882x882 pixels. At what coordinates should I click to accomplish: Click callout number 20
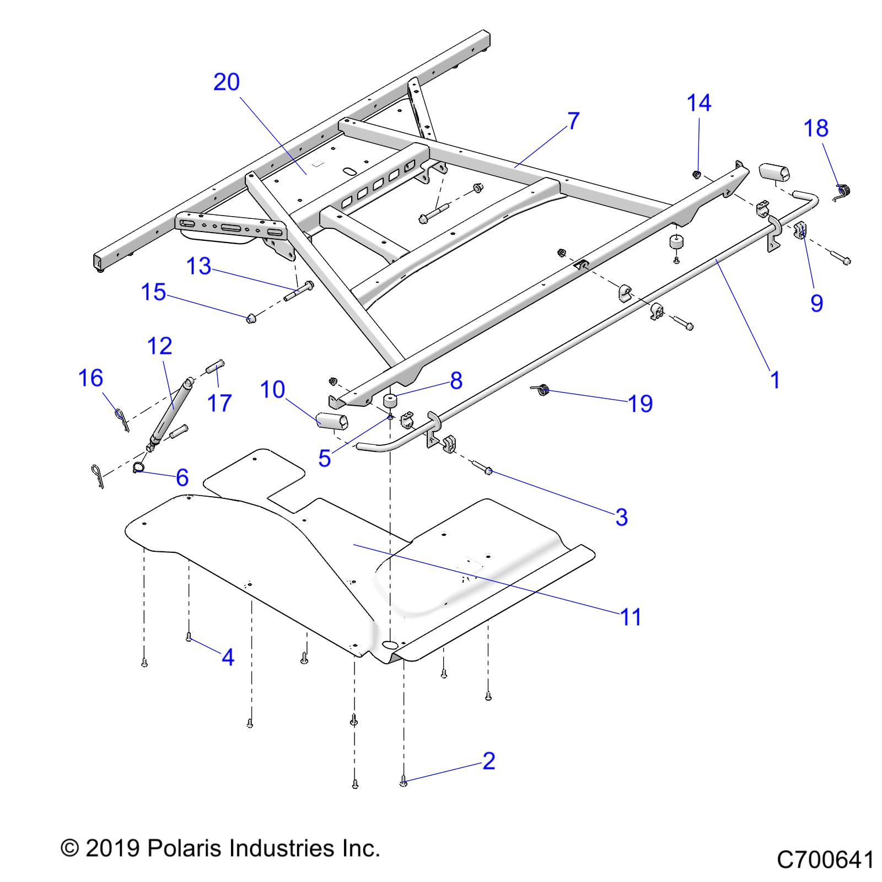tap(227, 82)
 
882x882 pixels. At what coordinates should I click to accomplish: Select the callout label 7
tap(573, 121)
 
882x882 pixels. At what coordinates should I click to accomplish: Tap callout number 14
tap(699, 103)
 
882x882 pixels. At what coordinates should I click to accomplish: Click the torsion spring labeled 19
tap(542, 390)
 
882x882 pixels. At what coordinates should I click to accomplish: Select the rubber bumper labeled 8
tap(391, 401)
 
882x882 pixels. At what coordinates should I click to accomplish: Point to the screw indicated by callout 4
tap(189, 638)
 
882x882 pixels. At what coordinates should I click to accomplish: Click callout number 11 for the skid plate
tap(631, 617)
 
